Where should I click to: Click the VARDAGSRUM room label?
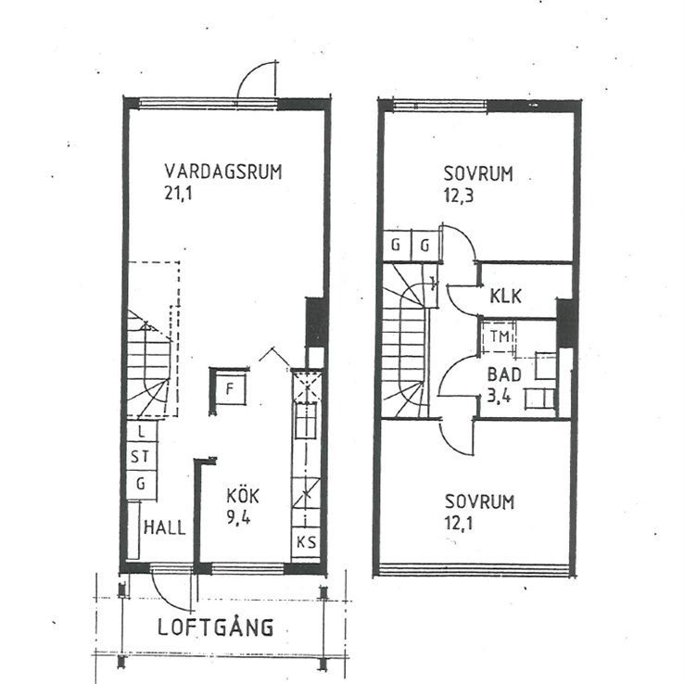[x=222, y=171]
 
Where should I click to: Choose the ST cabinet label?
[x=140, y=457]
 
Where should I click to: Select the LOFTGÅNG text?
[x=214, y=627]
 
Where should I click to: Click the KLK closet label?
[x=507, y=298]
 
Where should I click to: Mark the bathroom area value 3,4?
[x=503, y=396]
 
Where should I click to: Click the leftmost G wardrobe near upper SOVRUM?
[x=396, y=246]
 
